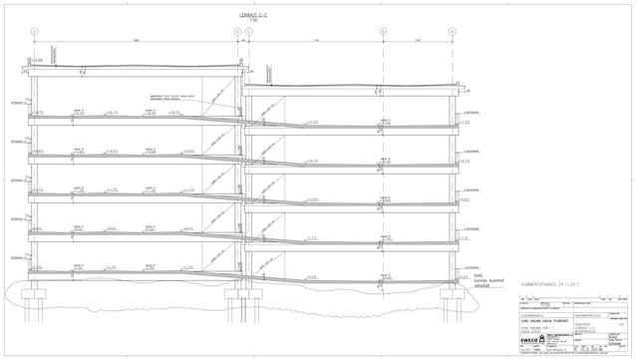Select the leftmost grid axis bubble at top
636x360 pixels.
pyautogui.click(x=34, y=32)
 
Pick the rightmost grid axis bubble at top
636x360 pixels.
pyautogui.click(x=452, y=32)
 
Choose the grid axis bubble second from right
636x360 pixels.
pyautogui.click(x=383, y=32)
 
